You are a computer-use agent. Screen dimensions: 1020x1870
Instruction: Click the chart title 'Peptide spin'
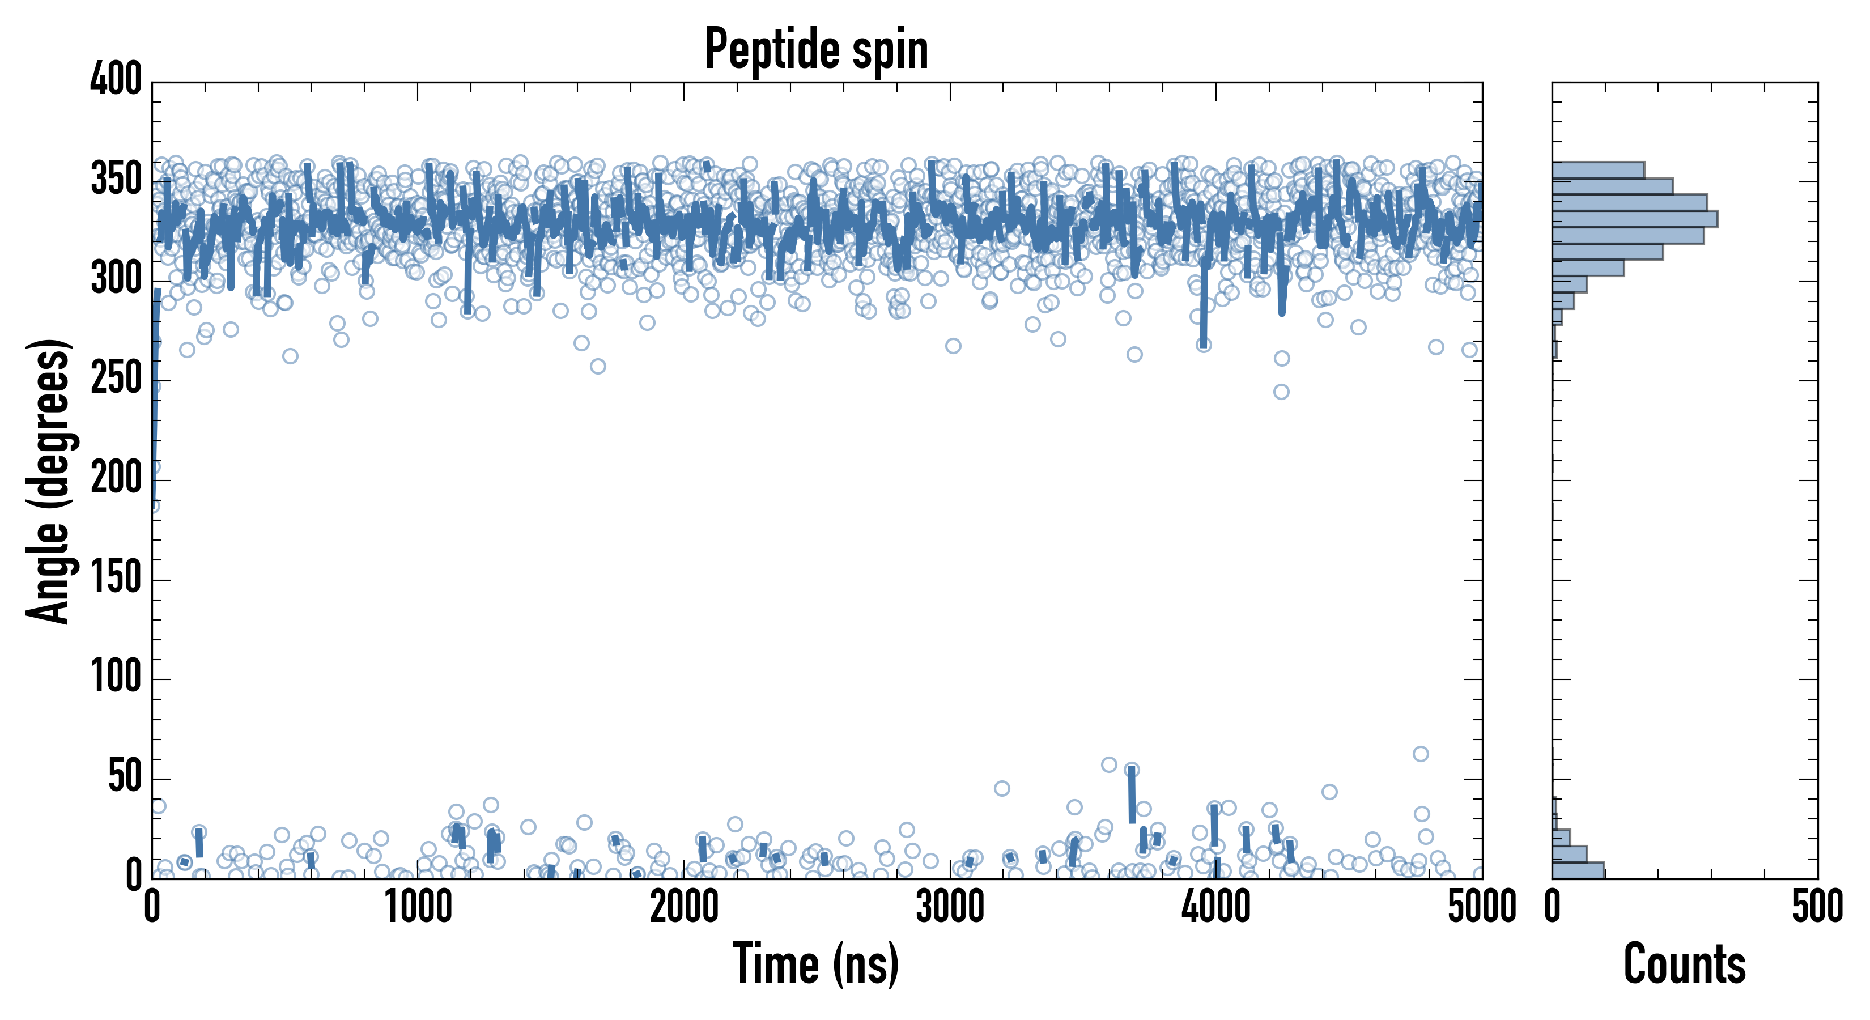[816, 49]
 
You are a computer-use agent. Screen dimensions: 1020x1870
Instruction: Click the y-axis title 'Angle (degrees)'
[49, 481]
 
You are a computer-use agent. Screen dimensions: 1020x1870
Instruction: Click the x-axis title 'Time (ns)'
[816, 963]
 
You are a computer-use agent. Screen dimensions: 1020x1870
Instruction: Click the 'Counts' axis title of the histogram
[1684, 963]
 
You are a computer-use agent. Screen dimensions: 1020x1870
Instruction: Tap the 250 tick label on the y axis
[116, 379]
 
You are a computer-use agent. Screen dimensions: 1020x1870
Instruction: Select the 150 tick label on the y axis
[116, 579]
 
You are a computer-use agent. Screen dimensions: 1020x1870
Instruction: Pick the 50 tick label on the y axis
[124, 777]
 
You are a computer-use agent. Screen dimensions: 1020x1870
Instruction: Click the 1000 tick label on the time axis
[418, 907]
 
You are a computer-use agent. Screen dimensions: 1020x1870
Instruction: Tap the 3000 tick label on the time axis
[950, 907]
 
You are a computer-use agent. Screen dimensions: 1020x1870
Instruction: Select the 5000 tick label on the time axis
[1481, 907]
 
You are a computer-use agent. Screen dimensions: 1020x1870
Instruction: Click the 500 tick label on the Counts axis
[1817, 907]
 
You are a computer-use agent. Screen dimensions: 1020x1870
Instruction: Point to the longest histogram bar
[1634, 219]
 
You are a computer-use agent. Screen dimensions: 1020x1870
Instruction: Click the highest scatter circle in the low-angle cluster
[1421, 754]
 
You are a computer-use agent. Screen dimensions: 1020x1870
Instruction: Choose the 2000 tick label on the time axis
[684, 907]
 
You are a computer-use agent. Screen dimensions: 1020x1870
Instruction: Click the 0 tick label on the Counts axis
[1552, 907]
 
